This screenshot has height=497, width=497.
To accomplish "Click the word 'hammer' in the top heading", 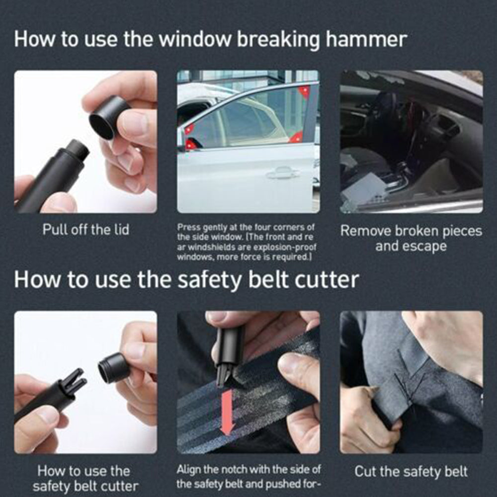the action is point(366,40).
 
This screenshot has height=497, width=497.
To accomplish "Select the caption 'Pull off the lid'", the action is point(86,230).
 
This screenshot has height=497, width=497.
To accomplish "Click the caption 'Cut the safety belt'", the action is point(411,471).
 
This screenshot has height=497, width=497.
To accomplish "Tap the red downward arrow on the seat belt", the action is point(227,413).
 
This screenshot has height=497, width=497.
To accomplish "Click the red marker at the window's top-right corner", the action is point(304,91).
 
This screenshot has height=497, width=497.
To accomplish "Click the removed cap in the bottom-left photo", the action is point(113,367).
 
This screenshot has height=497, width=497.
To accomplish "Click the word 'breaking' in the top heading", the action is point(278,40).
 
